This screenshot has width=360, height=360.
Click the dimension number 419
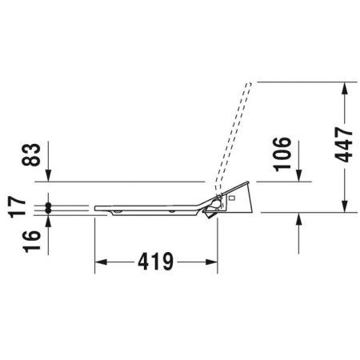click(156, 262)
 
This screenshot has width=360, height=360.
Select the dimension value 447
click(344, 145)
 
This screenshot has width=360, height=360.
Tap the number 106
click(282, 154)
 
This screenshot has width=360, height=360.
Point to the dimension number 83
click(31, 154)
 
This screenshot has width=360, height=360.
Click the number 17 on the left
click(18, 207)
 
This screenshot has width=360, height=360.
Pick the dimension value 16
click(31, 242)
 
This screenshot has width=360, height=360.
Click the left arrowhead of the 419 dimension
click(101, 262)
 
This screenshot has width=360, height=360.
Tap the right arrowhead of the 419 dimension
click(211, 262)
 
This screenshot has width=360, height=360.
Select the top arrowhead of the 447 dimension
click(345, 88)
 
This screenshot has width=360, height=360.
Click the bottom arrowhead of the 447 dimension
click(345, 206)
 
